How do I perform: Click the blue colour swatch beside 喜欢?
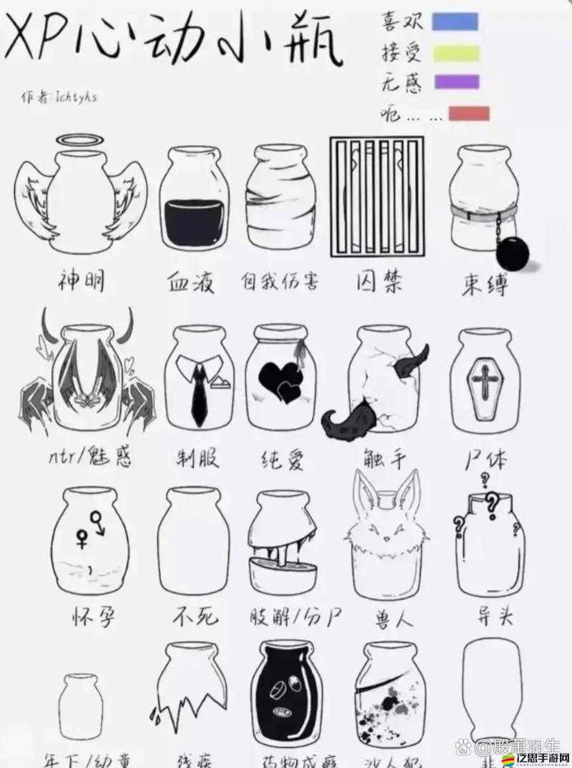[x=455, y=21]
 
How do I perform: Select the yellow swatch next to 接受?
[x=455, y=51]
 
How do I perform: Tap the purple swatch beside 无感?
[x=457, y=81]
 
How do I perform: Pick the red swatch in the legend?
[x=468, y=114]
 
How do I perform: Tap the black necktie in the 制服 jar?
[x=198, y=396]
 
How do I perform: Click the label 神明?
[x=81, y=281]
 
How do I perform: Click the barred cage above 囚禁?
[x=376, y=196]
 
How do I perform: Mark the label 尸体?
[x=485, y=459]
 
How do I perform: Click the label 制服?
[x=198, y=458]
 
